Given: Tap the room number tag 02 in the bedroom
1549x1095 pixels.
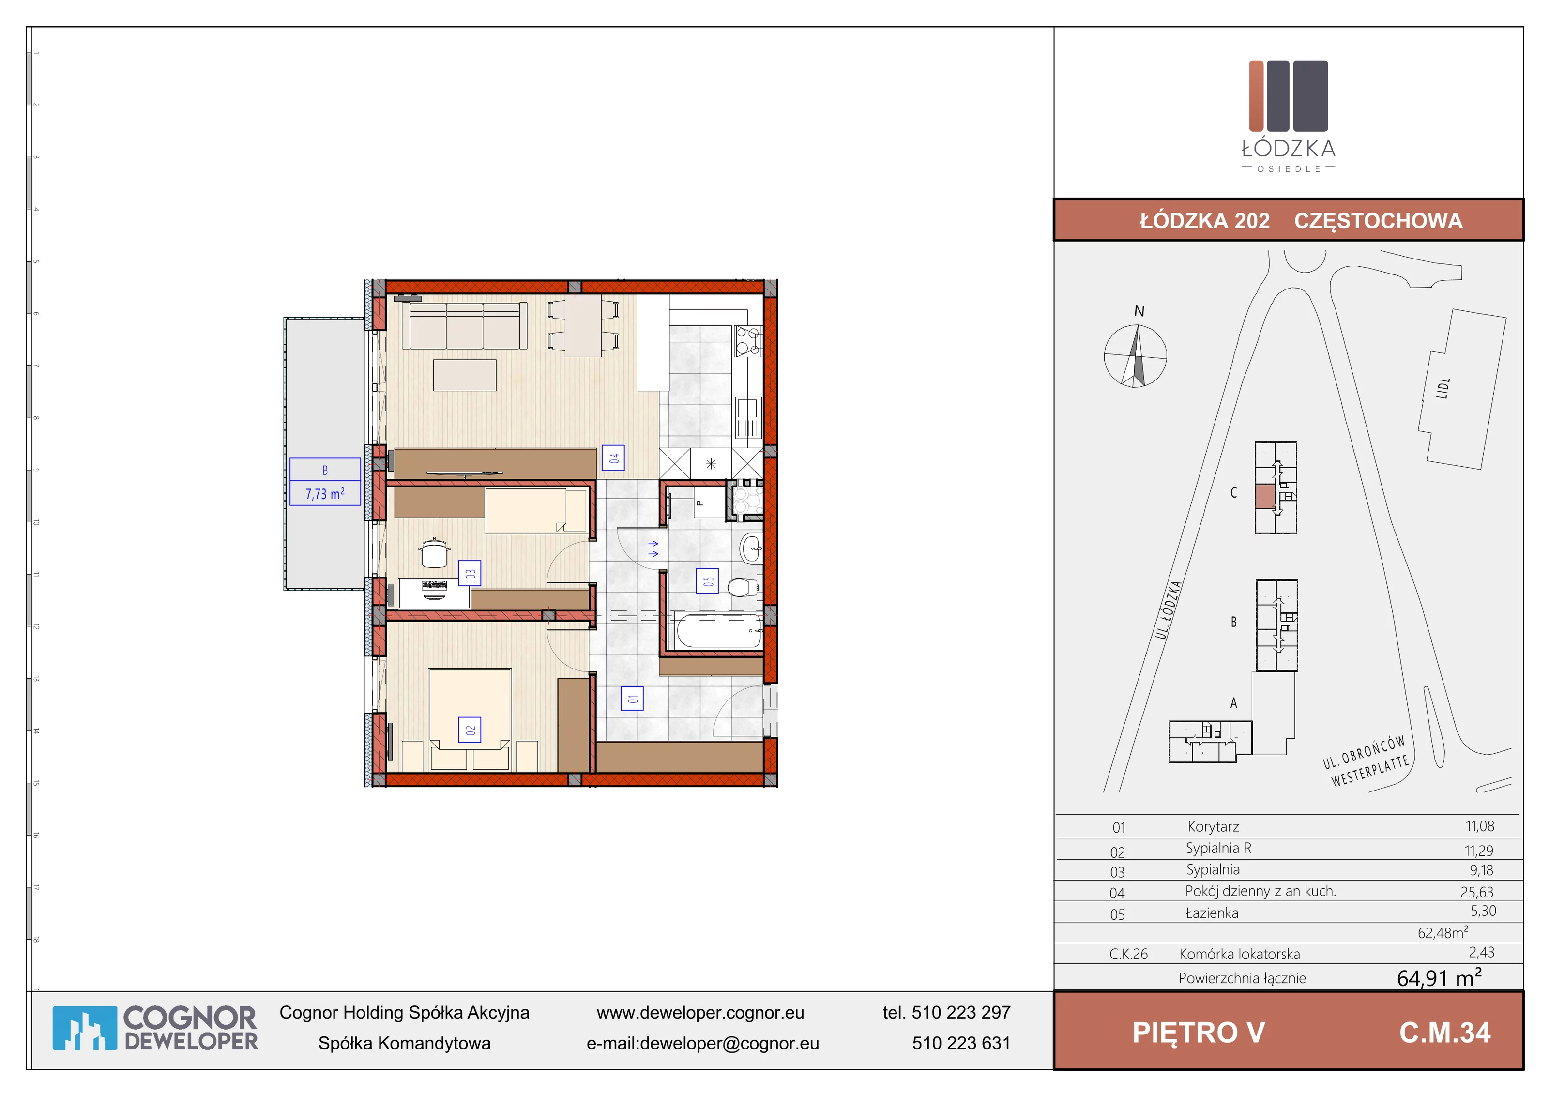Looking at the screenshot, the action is click(470, 730).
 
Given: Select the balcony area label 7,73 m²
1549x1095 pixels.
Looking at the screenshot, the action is click(325, 494).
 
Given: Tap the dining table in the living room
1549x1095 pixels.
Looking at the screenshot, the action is click(583, 327).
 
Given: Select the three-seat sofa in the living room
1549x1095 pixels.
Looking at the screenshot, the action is click(465, 325).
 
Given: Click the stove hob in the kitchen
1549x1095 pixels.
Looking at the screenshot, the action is click(747, 341).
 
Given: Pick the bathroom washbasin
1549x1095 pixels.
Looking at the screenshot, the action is click(750, 548).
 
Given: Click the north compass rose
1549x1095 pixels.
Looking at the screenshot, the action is click(1136, 355).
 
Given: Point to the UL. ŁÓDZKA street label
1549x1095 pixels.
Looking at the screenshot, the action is click(1169, 610).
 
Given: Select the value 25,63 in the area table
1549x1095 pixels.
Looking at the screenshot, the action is click(1477, 892).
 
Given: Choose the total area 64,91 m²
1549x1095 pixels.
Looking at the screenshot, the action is click(1439, 977).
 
